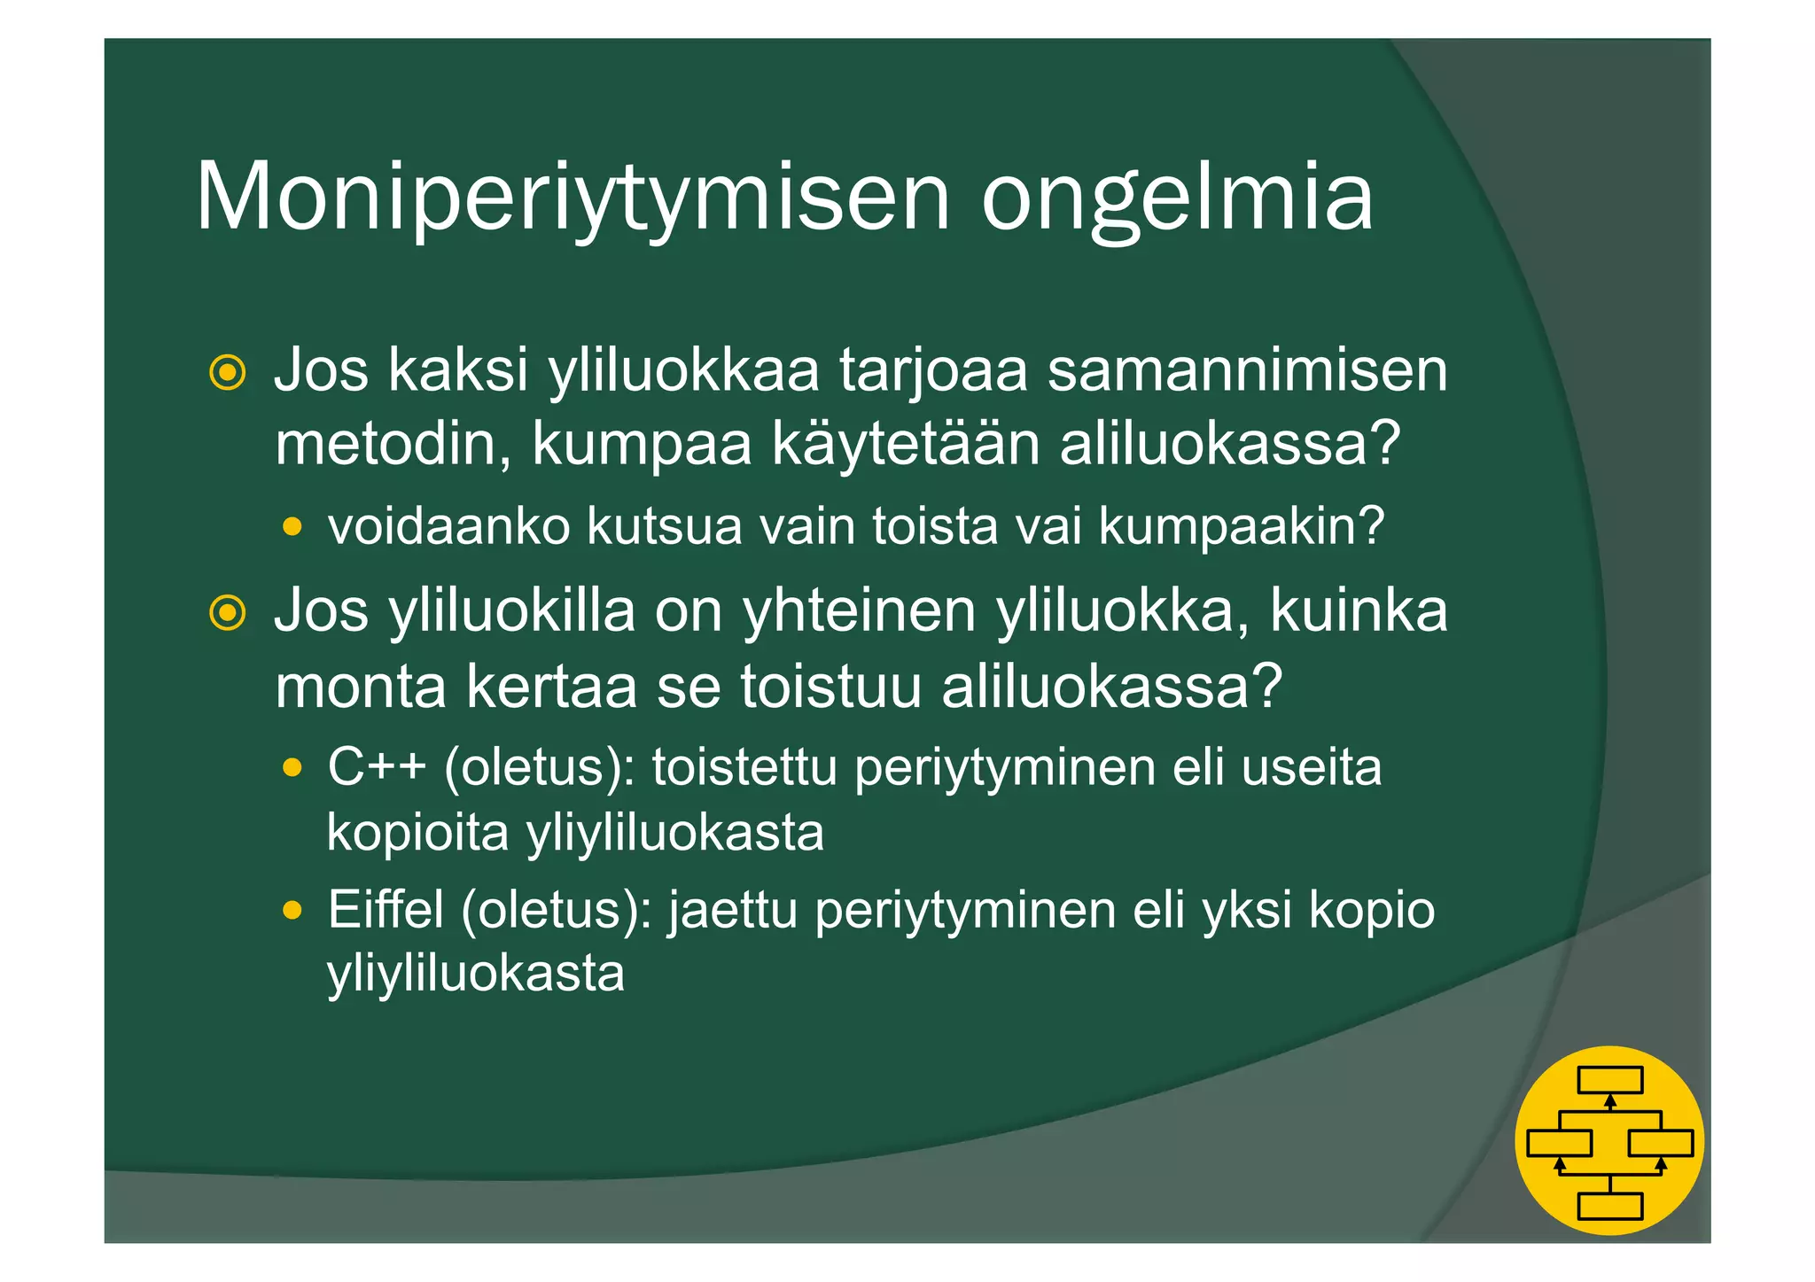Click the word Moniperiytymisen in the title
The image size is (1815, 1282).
(x=573, y=197)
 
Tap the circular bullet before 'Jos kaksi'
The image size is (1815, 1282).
(x=228, y=372)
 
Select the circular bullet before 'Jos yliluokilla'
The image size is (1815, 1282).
(x=228, y=613)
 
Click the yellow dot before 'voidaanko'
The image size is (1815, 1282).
(x=292, y=528)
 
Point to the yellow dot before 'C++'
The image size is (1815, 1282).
(x=292, y=767)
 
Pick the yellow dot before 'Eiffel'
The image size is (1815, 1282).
(x=292, y=910)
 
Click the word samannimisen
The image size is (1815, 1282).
(x=1247, y=370)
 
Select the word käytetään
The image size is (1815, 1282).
(x=905, y=444)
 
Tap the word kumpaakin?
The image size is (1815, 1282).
(x=1241, y=527)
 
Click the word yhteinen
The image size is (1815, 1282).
(x=859, y=611)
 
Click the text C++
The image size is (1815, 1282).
(x=377, y=766)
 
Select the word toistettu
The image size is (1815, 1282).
(x=744, y=767)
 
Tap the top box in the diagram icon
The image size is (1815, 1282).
(x=1609, y=1080)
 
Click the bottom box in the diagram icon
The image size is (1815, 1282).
(x=1609, y=1206)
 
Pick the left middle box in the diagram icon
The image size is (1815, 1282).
(x=1559, y=1143)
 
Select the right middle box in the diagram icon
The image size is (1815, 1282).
(x=1661, y=1143)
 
